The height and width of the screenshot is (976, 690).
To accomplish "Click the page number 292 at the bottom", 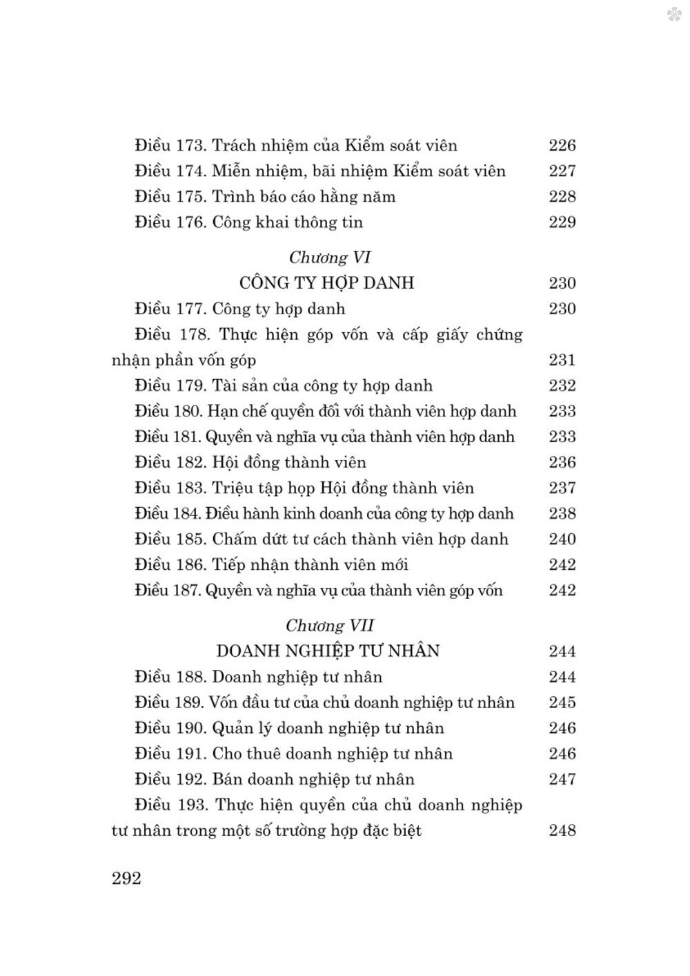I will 126,879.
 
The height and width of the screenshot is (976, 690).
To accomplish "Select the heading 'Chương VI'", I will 330,258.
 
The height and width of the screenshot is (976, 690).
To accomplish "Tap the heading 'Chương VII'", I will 330,626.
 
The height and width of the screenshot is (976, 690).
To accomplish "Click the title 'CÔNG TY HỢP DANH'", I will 326,283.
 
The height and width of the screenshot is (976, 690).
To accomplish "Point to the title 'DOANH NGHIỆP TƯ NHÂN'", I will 328,651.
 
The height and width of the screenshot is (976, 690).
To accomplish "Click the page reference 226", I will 562,146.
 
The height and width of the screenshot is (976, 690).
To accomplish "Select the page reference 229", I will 562,222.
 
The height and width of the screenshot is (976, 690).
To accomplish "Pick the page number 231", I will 562,360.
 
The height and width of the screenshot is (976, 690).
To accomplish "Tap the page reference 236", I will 562,463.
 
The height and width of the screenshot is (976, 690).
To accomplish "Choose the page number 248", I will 562,830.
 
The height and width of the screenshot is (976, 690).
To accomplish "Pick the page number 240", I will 562,539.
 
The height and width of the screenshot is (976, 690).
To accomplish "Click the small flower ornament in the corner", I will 673,14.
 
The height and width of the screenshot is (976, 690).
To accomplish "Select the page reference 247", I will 562,779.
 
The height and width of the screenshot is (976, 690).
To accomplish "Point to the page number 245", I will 562,702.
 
